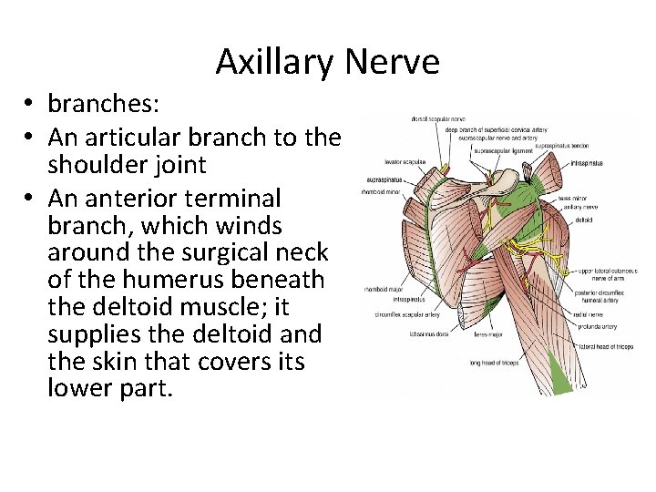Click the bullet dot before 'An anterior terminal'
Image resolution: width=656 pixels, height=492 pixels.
coord(31,198)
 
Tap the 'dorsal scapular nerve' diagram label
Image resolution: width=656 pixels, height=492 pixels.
coord(413,118)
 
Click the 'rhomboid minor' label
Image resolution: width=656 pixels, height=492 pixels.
coord(380,192)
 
